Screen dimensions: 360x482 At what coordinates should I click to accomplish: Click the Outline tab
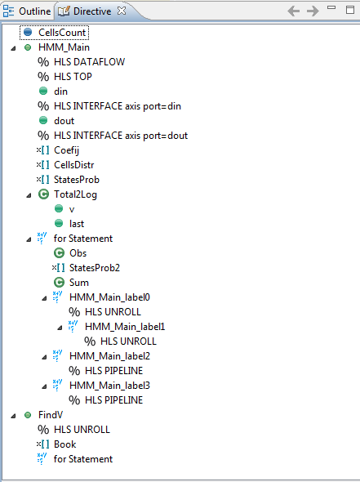(26, 11)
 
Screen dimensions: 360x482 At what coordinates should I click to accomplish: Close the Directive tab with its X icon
(122, 11)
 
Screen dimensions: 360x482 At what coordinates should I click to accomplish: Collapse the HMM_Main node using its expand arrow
(13, 48)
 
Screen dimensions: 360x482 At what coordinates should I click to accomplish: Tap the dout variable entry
(64, 121)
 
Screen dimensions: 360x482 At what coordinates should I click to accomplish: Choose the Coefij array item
(66, 150)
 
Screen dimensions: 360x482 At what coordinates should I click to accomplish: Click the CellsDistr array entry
(74, 165)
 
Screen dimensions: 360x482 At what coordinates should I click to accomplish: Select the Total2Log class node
(75, 194)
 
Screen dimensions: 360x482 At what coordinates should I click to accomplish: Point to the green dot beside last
(59, 223)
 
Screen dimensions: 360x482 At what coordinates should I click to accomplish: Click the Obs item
(78, 253)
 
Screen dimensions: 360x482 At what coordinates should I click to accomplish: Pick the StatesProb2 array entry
(95, 268)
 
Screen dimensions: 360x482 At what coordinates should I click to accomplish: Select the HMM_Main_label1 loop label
(125, 327)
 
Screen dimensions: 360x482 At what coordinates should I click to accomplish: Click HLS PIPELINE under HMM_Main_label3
(113, 400)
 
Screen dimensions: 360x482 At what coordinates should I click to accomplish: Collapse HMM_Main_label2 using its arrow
(44, 357)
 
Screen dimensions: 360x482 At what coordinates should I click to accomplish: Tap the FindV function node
(51, 415)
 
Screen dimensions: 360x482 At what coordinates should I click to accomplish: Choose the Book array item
(64, 444)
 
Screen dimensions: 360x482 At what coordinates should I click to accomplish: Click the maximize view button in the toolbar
(350, 10)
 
